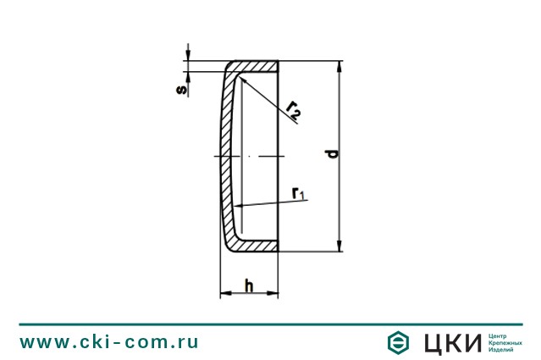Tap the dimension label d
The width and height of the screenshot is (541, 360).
(332, 154)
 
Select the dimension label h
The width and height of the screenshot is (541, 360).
(249, 285)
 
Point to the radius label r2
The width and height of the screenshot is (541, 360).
(294, 108)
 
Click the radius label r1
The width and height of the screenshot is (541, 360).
(298, 194)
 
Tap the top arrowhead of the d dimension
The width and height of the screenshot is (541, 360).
(340, 66)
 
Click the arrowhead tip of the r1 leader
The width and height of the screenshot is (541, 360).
(238, 205)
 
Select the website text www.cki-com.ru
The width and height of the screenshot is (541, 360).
(109, 342)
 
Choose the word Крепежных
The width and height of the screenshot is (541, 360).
(506, 342)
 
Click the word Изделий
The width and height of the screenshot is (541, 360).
(503, 350)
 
